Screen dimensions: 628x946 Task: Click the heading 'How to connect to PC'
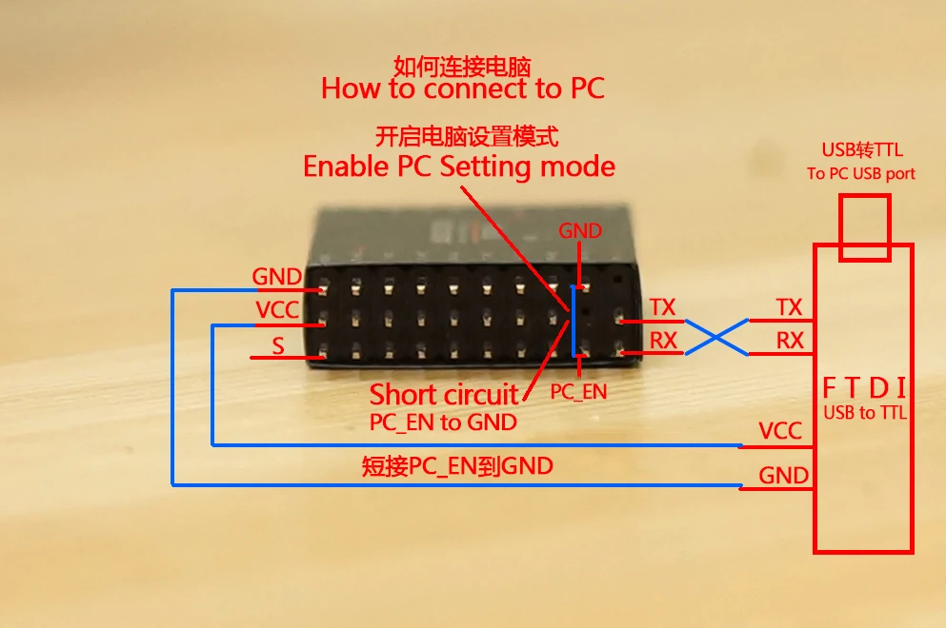tap(462, 88)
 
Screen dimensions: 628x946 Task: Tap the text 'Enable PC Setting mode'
tap(458, 167)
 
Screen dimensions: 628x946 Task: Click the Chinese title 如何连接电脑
tap(462, 66)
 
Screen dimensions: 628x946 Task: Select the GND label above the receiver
tap(580, 231)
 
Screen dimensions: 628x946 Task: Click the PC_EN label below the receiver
tap(578, 391)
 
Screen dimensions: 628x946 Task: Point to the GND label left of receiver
tap(276, 277)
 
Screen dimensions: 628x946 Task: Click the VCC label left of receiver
tap(277, 310)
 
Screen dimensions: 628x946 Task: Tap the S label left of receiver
tap(278, 346)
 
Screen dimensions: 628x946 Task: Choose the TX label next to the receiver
tap(662, 307)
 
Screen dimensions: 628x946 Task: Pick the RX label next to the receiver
tap(662, 341)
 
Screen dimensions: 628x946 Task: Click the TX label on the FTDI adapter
tap(789, 307)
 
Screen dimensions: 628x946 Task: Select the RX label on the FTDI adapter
tap(790, 341)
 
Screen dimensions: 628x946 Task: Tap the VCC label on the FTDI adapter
tap(780, 431)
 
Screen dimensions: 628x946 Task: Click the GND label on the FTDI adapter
tap(784, 475)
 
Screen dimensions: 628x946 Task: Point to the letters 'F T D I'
tap(864, 388)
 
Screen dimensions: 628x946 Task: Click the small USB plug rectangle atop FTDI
tap(864, 227)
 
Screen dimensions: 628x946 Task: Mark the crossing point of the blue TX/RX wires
tap(716, 336)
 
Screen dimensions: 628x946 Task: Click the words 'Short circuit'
tap(444, 394)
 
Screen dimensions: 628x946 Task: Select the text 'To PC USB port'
tap(861, 173)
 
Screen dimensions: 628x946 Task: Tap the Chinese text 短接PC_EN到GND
tap(457, 467)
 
